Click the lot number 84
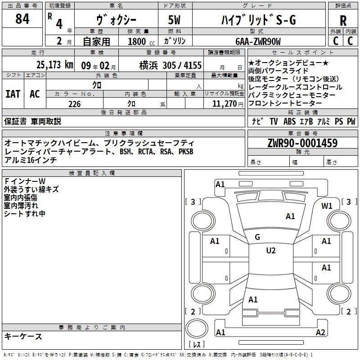tap(22, 19)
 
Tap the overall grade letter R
tap(343, 21)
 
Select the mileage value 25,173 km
tap(54, 65)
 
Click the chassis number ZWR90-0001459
tap(302, 143)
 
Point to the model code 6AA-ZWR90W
tap(258, 41)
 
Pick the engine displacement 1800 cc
tap(141, 41)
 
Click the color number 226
tap(74, 104)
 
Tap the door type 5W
tap(174, 20)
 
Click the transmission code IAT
tap(13, 94)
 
